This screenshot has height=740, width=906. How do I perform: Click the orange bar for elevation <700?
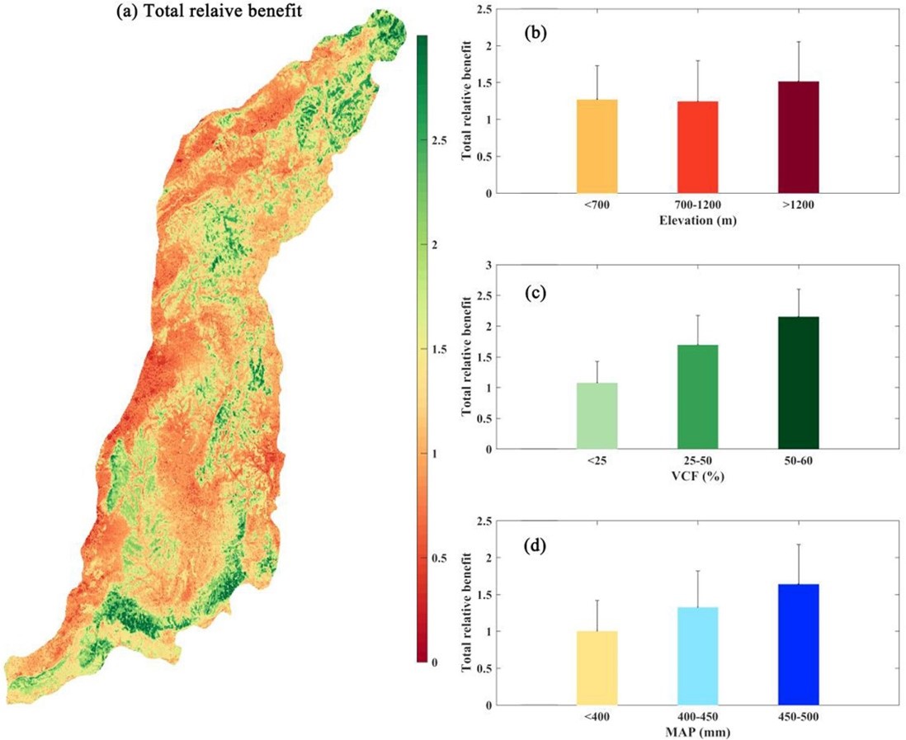pyautogui.click(x=597, y=146)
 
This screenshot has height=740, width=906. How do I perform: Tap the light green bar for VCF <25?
pyautogui.click(x=597, y=416)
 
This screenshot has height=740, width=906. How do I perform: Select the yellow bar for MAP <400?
pyautogui.click(x=597, y=667)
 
